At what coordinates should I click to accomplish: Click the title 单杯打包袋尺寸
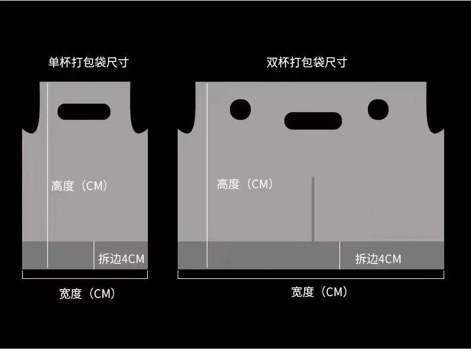88,62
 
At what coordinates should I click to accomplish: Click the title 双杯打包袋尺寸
306,62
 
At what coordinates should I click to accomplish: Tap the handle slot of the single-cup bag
84,111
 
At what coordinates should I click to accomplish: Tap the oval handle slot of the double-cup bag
313,121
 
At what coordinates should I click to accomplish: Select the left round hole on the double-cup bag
240,110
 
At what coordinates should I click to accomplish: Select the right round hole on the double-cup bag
378,110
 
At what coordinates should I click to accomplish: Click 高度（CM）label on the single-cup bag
79,186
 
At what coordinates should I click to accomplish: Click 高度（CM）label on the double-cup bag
244,185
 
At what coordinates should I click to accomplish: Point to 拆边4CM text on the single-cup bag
121,259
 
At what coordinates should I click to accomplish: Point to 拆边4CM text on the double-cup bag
378,259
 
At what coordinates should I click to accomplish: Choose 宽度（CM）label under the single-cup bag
86,293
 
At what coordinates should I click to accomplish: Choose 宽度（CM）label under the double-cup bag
318,292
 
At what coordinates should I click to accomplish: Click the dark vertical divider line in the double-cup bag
312,209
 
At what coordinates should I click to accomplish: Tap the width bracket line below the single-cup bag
84,278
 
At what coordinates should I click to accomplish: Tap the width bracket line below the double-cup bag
311,278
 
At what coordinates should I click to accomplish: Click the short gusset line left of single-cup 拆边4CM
94,255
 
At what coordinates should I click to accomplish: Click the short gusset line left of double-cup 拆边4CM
340,255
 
